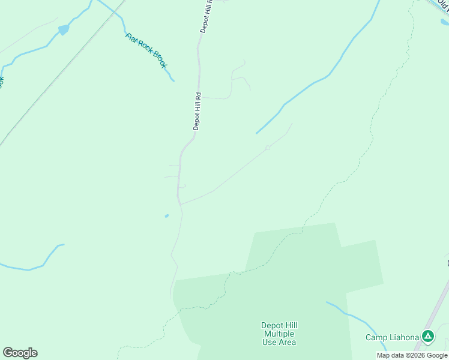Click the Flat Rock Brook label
(x=146, y=50)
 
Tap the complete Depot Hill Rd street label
(x=197, y=111)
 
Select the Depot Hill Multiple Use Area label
(x=279, y=334)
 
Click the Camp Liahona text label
(x=392, y=337)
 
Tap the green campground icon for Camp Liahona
(x=427, y=337)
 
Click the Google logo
(x=20, y=353)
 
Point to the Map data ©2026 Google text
(x=412, y=355)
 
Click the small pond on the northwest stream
(x=63, y=29)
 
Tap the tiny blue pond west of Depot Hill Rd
(x=166, y=216)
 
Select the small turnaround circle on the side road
(x=268, y=148)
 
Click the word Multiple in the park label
(x=279, y=334)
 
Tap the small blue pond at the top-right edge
(x=444, y=23)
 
